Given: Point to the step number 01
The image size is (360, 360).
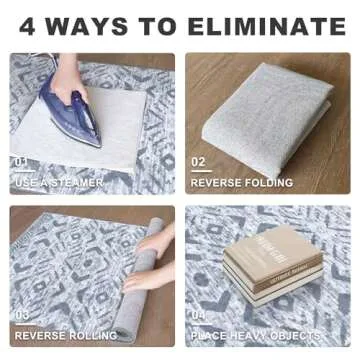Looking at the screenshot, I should click(20, 162).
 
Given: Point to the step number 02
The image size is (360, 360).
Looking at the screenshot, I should click(198, 162).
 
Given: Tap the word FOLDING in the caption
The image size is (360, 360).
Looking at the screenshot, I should click(269, 183).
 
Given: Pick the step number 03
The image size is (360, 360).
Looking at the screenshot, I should click(21, 315).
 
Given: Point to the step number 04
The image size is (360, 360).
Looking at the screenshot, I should click(198, 315).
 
